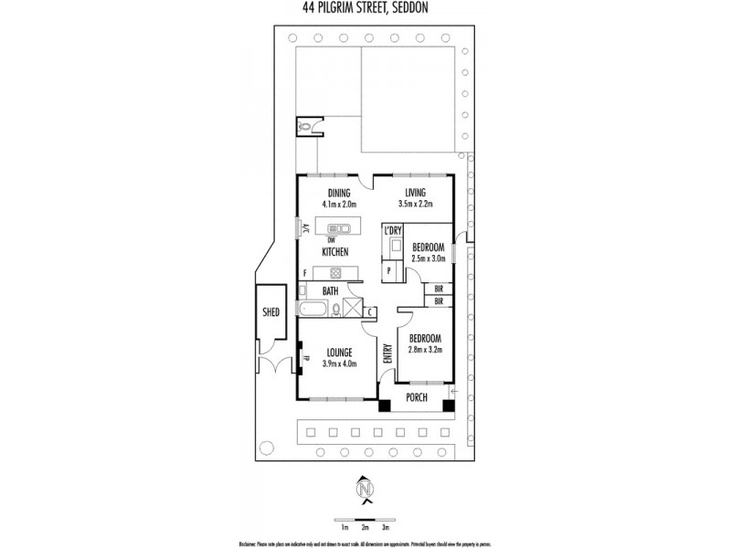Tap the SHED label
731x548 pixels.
(271, 311)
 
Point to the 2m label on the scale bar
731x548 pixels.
(365, 528)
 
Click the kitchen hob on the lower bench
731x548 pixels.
(334, 272)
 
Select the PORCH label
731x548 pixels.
(416, 397)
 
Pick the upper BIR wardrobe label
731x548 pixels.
(440, 289)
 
